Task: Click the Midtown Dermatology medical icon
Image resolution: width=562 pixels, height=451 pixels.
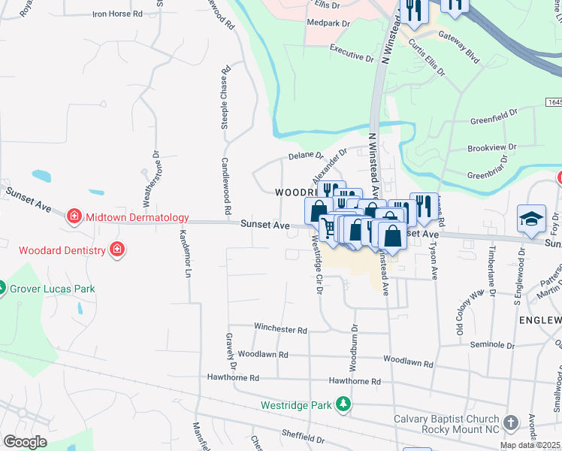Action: [74, 218]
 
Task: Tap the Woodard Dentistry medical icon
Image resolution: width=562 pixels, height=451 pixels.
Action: [116, 249]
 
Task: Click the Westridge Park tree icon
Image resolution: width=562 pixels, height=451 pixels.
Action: [343, 404]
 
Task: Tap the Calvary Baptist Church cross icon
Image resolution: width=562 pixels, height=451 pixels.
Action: [512, 422]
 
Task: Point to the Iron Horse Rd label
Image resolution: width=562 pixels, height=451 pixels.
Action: [116, 14]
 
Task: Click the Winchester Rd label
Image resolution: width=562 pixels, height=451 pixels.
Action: [280, 329]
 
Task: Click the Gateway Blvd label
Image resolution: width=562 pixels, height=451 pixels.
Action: [458, 35]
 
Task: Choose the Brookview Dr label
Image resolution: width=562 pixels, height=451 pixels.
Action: [491, 148]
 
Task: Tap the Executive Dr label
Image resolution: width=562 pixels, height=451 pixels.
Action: [352, 57]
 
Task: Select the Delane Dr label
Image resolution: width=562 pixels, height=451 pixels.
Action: [306, 157]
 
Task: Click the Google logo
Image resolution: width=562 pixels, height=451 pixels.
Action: [25, 441]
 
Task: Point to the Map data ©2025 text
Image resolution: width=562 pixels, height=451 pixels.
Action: [530, 445]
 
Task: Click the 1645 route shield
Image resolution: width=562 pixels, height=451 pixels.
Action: [554, 101]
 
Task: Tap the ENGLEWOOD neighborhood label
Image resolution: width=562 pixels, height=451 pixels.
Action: [539, 320]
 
